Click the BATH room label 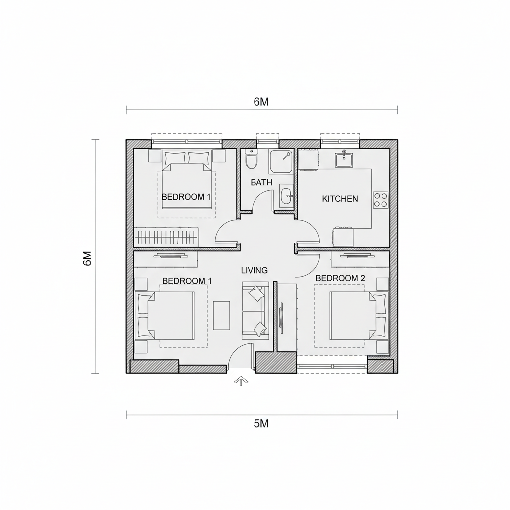tap(261, 182)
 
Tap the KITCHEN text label tap(340, 199)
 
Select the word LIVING tap(255, 270)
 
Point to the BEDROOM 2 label tap(340, 278)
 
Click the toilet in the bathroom tap(251, 159)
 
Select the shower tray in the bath tap(281, 162)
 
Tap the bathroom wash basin tap(286, 196)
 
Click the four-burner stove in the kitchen tap(381, 200)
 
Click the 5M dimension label tap(261, 424)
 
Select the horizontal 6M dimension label tap(261, 102)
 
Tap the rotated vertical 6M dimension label tap(88, 258)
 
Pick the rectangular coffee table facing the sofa tap(222, 315)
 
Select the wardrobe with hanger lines tap(166, 237)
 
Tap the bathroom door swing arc tap(262, 200)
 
